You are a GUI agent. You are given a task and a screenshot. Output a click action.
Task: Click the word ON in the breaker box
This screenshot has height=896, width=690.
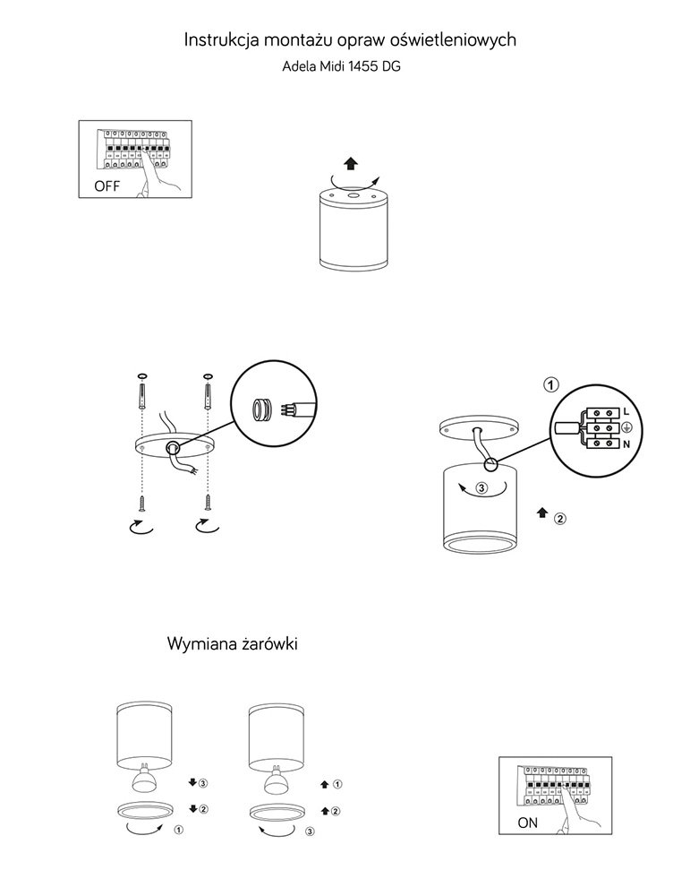coord(528,823)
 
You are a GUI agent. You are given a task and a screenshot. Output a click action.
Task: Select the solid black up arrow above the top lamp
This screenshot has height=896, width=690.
coord(350,163)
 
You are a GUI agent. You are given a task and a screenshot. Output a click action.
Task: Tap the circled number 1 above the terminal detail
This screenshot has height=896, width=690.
coord(551,385)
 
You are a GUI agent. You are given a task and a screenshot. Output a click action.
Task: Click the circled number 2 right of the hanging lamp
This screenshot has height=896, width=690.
coord(560,518)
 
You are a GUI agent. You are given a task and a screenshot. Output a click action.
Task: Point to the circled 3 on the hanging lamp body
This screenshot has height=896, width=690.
coord(481,489)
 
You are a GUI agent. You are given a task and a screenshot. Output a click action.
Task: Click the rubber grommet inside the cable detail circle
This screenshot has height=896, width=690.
coord(260,409)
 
